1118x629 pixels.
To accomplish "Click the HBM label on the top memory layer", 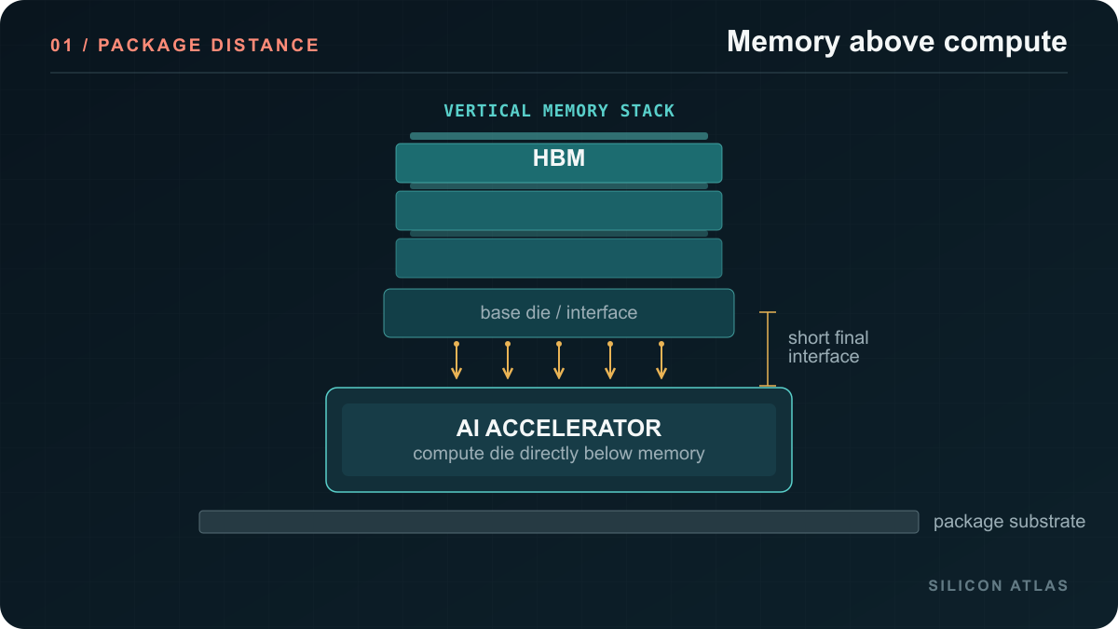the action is pos(558,157).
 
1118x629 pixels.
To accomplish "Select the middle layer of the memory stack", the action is pos(558,211).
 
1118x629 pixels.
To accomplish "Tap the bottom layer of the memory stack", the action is pos(558,258).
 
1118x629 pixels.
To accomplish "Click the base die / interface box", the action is pos(558,313).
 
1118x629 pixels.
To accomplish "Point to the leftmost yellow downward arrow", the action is pos(457,361).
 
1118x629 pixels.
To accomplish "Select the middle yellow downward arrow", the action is pos(559,361).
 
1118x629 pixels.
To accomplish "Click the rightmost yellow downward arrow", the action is pos(661,361).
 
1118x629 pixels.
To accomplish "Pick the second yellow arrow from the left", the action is pos(508,361).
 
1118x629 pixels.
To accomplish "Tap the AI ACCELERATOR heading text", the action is pos(558,429).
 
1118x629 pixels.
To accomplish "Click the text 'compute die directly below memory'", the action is pos(558,453).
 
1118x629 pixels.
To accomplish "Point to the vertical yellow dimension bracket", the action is pos(768,349).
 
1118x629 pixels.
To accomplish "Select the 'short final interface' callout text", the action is pos(828,347).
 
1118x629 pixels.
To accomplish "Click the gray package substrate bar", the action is pos(558,522).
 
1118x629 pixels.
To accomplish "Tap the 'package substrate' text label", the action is pos(1009,522).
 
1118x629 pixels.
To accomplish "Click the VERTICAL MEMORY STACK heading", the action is pos(559,111).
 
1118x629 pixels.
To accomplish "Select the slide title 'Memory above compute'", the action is pos(897,41).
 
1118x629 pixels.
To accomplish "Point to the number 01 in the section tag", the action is pos(61,46).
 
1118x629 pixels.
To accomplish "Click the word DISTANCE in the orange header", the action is pos(265,46).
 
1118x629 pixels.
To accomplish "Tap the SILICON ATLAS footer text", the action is pos(998,585).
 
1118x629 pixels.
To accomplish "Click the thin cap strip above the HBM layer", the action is pos(558,136).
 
